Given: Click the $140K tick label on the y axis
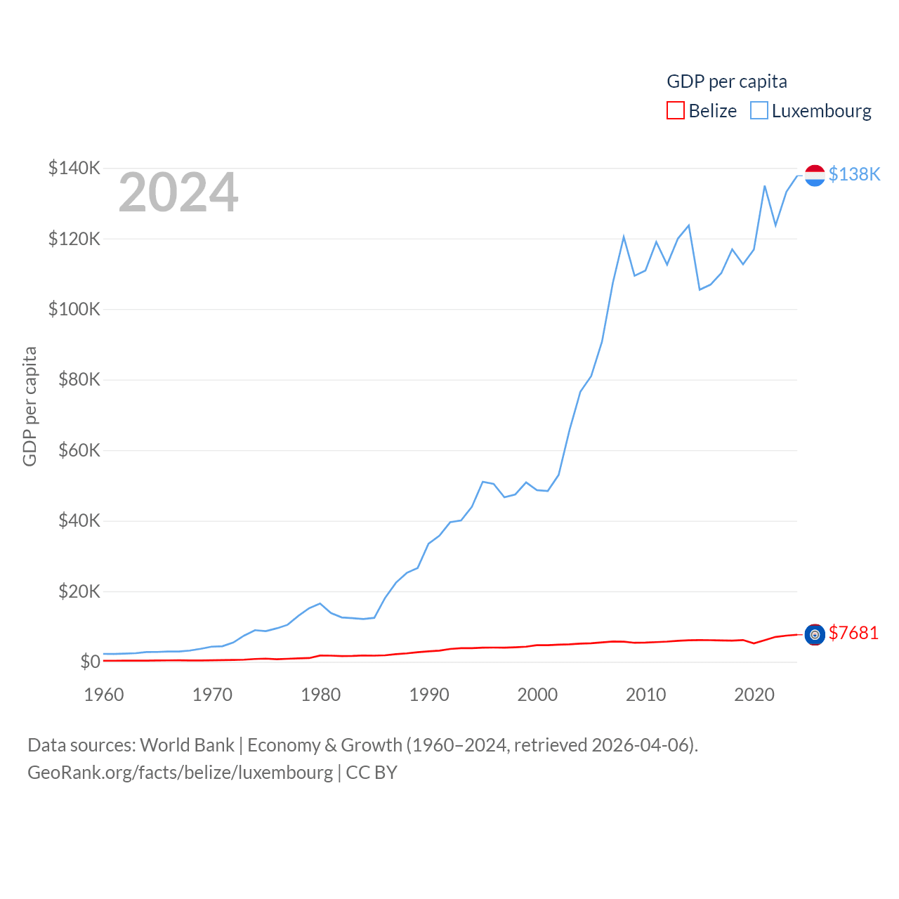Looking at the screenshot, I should [x=74, y=168].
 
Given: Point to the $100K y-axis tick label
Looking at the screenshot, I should [x=74, y=309].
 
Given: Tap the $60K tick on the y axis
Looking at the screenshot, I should [x=79, y=450].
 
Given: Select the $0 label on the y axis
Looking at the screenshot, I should [x=90, y=662].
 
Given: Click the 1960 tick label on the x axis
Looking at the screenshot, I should [x=104, y=695].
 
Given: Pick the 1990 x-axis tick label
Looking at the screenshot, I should [x=429, y=695].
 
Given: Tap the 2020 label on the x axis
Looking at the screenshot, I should [x=754, y=695].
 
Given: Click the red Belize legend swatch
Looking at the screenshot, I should [x=676, y=110].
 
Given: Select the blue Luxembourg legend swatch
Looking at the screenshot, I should [x=759, y=110].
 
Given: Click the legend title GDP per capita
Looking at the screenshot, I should [x=727, y=81].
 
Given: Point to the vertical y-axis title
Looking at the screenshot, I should [x=29, y=406].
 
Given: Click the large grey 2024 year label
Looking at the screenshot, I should [x=178, y=192].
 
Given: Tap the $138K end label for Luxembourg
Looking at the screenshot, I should [x=854, y=174].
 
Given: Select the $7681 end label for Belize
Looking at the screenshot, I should [x=853, y=633].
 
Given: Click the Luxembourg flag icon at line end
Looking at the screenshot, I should [x=815, y=176].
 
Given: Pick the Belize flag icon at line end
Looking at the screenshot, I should [x=815, y=635].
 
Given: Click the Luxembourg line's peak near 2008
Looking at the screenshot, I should [x=624, y=237].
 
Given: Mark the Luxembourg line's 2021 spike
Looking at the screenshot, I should [x=765, y=186].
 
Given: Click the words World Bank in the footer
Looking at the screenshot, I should [x=187, y=744].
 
